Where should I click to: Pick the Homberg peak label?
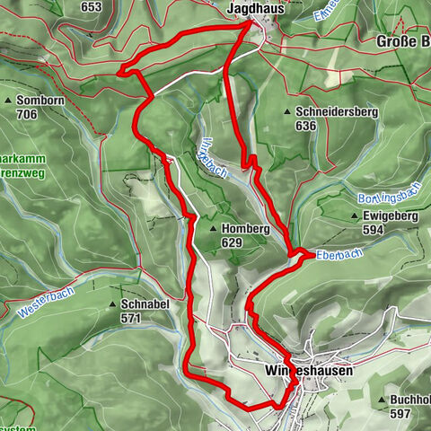point(245,229)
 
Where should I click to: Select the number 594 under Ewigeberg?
point(373,231)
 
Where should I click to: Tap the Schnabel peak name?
point(145,304)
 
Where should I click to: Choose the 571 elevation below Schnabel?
point(132,318)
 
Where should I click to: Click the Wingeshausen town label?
point(309,370)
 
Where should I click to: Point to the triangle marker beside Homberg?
point(214,229)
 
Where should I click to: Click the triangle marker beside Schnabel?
point(113,304)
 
